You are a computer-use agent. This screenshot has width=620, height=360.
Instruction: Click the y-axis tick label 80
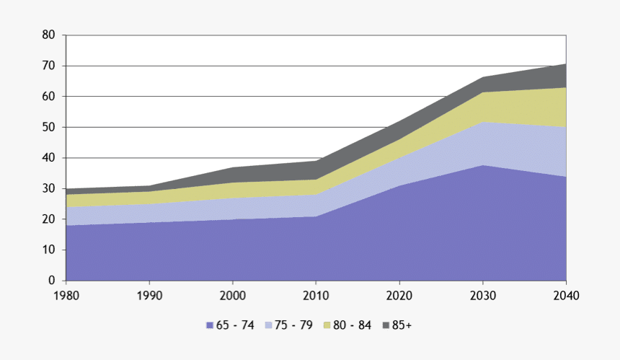point(48,35)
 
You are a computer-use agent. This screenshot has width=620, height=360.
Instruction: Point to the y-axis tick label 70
point(48,66)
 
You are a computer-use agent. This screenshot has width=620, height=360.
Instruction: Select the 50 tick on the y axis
point(48,127)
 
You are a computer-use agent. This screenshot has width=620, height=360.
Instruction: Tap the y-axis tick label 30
point(48,188)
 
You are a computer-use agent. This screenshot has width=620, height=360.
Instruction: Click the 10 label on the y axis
point(48,250)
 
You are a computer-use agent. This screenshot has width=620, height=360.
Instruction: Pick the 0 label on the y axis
point(51,281)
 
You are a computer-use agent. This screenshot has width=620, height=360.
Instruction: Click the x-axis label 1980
point(66,295)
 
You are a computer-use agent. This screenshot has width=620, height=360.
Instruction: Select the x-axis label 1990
point(149,295)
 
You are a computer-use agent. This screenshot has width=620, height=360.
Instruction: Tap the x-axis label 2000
point(232,295)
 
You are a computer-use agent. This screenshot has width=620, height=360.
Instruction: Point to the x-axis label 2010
point(316,295)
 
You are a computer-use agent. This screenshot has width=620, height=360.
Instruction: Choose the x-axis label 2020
point(399,295)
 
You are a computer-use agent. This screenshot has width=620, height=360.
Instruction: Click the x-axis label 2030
point(482,295)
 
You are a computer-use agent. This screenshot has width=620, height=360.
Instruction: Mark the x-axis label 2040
point(565,295)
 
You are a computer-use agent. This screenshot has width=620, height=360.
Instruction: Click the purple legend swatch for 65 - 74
point(209,325)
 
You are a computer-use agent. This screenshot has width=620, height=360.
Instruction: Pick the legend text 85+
point(402,325)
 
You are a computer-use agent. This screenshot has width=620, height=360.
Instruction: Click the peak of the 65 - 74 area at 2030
point(482,165)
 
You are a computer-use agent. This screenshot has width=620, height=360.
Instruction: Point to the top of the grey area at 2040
point(565,64)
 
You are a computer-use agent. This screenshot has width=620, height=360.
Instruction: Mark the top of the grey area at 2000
point(232,167)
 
